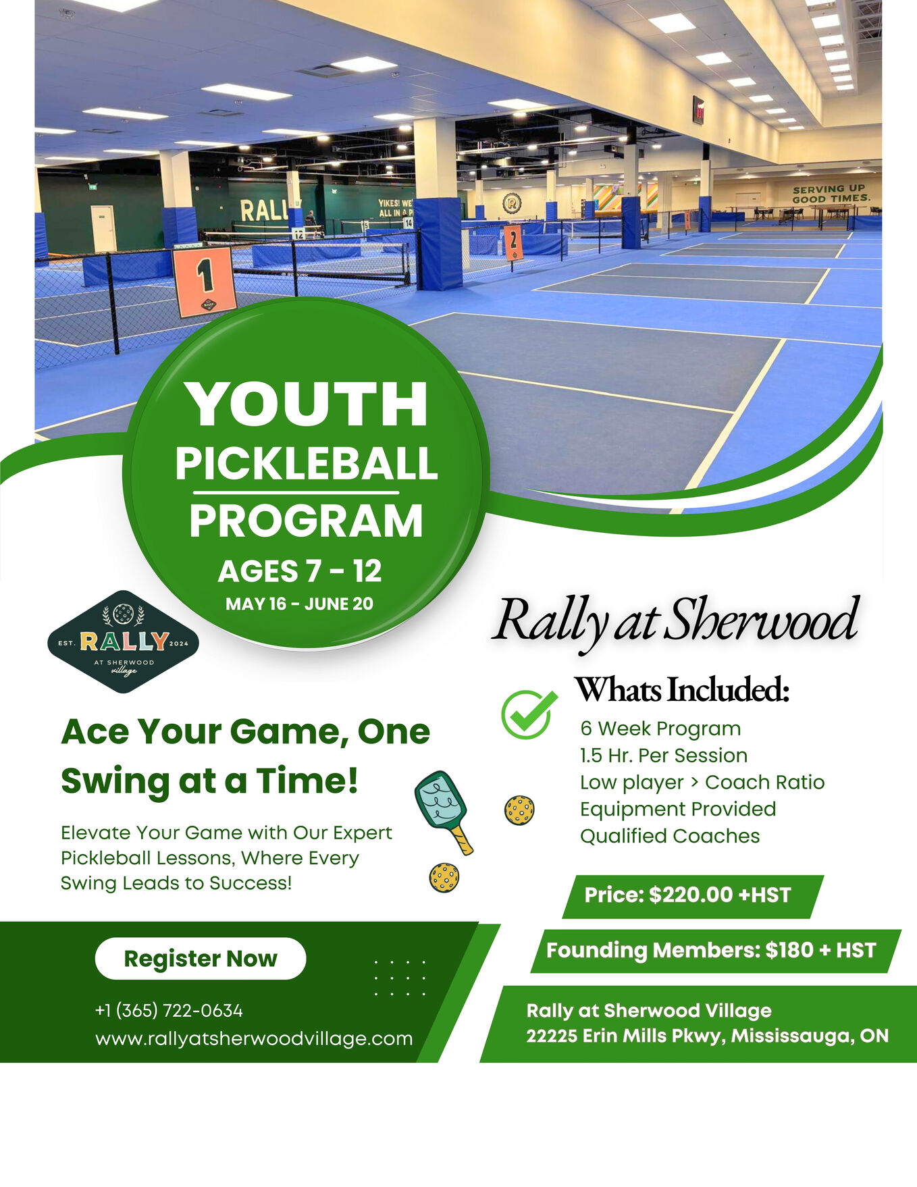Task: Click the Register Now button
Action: pos(201,958)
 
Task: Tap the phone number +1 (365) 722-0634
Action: pos(169,1010)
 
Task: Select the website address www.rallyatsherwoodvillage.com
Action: pos(254,1038)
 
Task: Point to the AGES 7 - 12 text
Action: pos(300,571)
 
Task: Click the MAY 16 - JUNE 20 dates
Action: pos(299,604)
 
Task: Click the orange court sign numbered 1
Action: pos(205,281)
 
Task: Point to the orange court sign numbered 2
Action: pos(513,242)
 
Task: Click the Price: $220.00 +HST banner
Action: pos(693,896)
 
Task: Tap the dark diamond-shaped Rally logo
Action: pos(124,642)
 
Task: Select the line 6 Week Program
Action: pos(660,729)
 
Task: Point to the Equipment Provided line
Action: pos(678,809)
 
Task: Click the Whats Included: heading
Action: pos(682,689)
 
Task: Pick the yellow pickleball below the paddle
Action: pos(444,878)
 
